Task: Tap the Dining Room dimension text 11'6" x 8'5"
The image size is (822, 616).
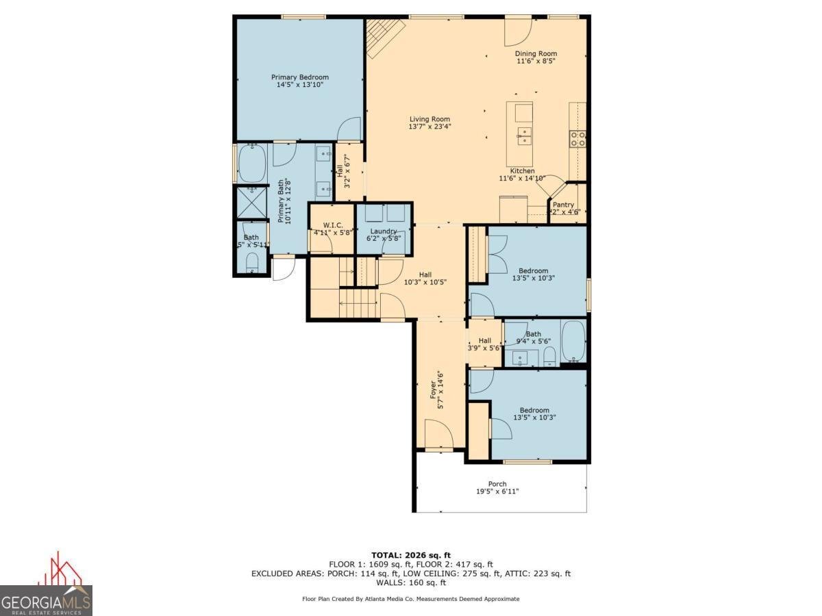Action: tap(536, 61)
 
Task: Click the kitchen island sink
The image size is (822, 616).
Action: tap(524, 136)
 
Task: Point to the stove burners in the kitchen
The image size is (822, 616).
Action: tap(577, 139)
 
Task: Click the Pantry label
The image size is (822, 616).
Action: tap(563, 205)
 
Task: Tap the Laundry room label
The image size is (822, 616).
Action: tap(384, 231)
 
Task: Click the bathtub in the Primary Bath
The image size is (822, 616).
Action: tap(252, 164)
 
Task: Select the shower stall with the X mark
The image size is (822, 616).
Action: tap(251, 201)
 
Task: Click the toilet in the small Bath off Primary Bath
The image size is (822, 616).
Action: tap(251, 262)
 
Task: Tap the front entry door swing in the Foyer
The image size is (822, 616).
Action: tap(438, 434)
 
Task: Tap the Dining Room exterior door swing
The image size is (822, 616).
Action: tap(517, 29)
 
